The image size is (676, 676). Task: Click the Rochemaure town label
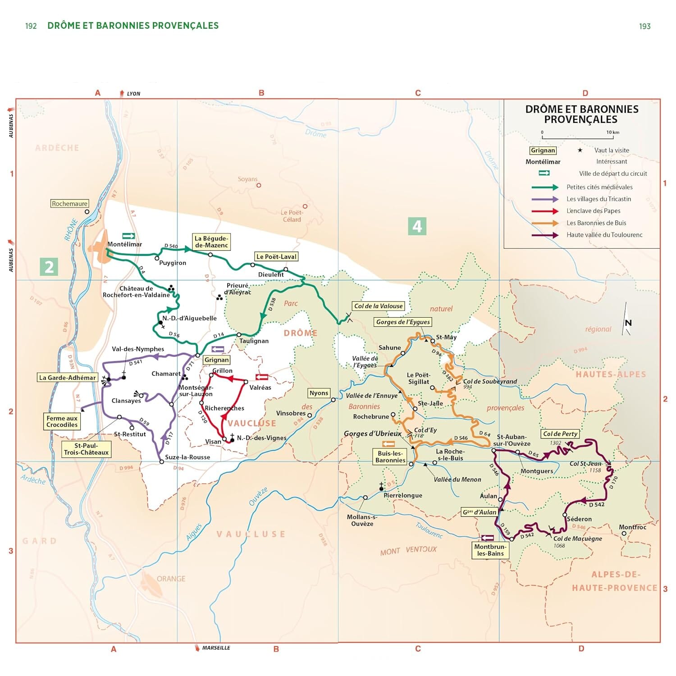(69, 204)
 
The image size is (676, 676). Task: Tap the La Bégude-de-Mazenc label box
(211, 242)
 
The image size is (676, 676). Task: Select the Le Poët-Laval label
(276, 256)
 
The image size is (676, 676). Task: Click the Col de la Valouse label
(378, 306)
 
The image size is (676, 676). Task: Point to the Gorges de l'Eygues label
(403, 322)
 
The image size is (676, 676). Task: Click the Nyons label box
(319, 393)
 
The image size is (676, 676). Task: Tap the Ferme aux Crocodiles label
(62, 421)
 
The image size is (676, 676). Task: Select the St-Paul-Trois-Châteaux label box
(86, 449)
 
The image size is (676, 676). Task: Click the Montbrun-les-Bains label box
(490, 550)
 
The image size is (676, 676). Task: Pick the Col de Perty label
(560, 434)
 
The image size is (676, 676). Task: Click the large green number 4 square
(417, 226)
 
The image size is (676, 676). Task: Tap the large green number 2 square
(49, 267)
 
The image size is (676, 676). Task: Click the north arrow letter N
(628, 323)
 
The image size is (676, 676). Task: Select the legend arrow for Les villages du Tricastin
(545, 199)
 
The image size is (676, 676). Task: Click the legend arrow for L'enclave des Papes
(545, 211)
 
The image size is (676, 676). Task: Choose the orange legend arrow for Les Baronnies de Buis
(545, 223)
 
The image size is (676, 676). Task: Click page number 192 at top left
(31, 26)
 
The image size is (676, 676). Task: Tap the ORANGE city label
(171, 579)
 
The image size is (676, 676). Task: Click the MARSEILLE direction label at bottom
(216, 648)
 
